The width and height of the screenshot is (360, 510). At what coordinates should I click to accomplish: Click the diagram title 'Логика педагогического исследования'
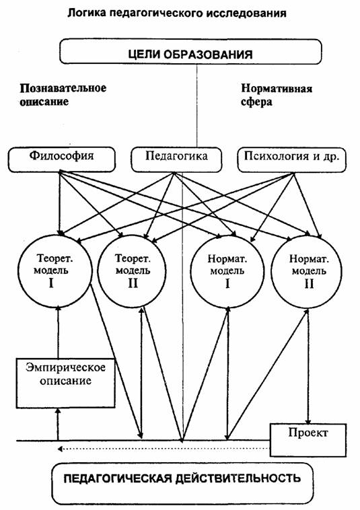point(177,13)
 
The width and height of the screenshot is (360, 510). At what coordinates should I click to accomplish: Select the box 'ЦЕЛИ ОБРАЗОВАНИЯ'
point(190,51)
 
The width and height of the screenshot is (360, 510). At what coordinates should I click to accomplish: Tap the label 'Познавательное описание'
point(63,95)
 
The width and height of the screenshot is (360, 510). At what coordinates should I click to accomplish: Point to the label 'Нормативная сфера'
point(277,95)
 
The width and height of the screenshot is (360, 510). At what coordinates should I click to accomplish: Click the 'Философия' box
point(62,159)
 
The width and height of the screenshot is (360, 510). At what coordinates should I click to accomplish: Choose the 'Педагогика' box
point(176,159)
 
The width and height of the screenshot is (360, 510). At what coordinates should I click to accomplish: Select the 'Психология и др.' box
point(292,159)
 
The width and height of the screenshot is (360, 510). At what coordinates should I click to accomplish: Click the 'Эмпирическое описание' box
point(66,383)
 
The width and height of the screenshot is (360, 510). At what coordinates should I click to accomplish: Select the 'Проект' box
point(308,440)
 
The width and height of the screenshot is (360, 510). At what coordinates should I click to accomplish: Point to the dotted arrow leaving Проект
point(164,449)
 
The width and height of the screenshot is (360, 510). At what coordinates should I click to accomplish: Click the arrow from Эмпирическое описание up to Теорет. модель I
point(59,332)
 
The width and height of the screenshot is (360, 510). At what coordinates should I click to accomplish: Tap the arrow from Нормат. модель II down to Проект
point(308,366)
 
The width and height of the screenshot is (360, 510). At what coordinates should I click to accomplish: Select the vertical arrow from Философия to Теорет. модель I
point(59,203)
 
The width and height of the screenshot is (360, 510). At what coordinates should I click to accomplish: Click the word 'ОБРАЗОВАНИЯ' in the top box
point(208,54)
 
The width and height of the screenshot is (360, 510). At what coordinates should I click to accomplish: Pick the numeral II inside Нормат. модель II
point(309,284)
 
